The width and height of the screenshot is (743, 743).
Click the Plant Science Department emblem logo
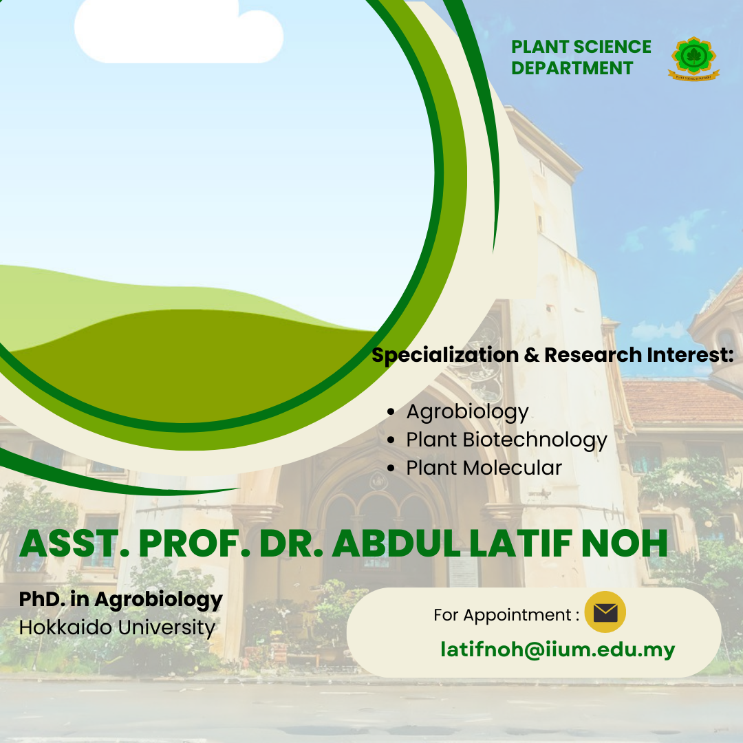[x=693, y=58]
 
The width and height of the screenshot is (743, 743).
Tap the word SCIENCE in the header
[x=612, y=47]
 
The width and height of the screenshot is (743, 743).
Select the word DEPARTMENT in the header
[x=572, y=68]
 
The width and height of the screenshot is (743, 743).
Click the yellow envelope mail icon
[x=605, y=612]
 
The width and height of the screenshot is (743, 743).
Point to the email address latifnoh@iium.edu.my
[x=558, y=649]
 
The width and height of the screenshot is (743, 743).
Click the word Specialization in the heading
[x=445, y=356]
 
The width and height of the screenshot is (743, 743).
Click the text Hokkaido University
[x=117, y=627]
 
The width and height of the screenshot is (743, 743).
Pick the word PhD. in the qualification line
[x=42, y=599]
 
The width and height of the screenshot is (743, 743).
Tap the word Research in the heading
[x=593, y=354]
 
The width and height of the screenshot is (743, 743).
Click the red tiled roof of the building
[x=682, y=401]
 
